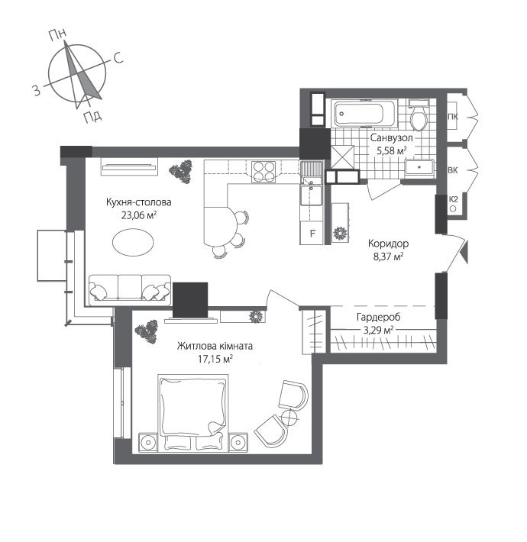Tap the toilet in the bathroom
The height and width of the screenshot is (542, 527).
(x=418, y=118)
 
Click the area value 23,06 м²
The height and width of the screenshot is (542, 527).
(x=138, y=216)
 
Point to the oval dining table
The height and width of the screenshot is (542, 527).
(x=133, y=244)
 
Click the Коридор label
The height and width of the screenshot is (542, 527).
(x=388, y=244)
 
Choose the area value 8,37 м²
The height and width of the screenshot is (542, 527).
(x=386, y=256)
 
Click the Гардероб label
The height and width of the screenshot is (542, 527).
(x=378, y=317)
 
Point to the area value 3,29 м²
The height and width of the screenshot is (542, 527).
(x=378, y=330)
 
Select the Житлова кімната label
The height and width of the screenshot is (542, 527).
(x=215, y=345)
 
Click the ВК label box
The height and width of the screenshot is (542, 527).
(x=452, y=169)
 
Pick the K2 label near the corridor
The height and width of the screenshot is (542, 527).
(x=452, y=200)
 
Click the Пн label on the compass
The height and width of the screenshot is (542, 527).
(x=56, y=34)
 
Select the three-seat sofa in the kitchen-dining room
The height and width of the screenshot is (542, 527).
(x=129, y=289)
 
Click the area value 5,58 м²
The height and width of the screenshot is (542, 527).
(x=391, y=151)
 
